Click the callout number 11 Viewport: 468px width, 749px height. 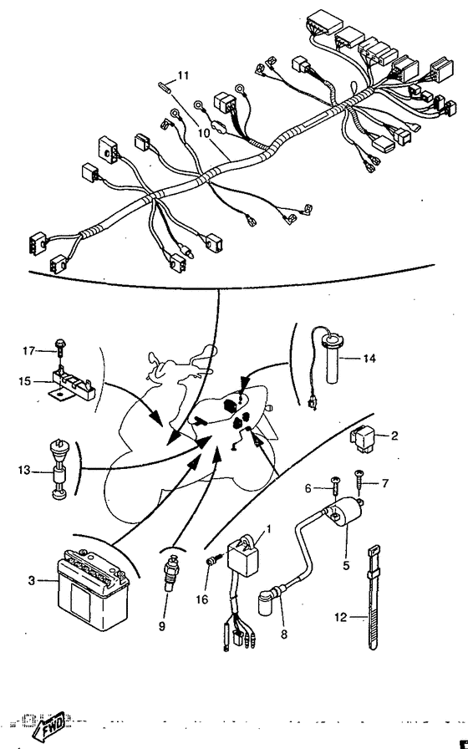[183, 76]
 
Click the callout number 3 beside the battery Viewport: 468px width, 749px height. [32, 579]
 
